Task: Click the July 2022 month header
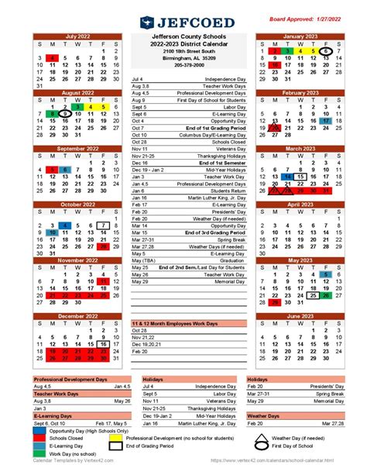coord(78,36)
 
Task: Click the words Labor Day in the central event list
coord(223,107)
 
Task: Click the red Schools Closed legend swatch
coord(39,439)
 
